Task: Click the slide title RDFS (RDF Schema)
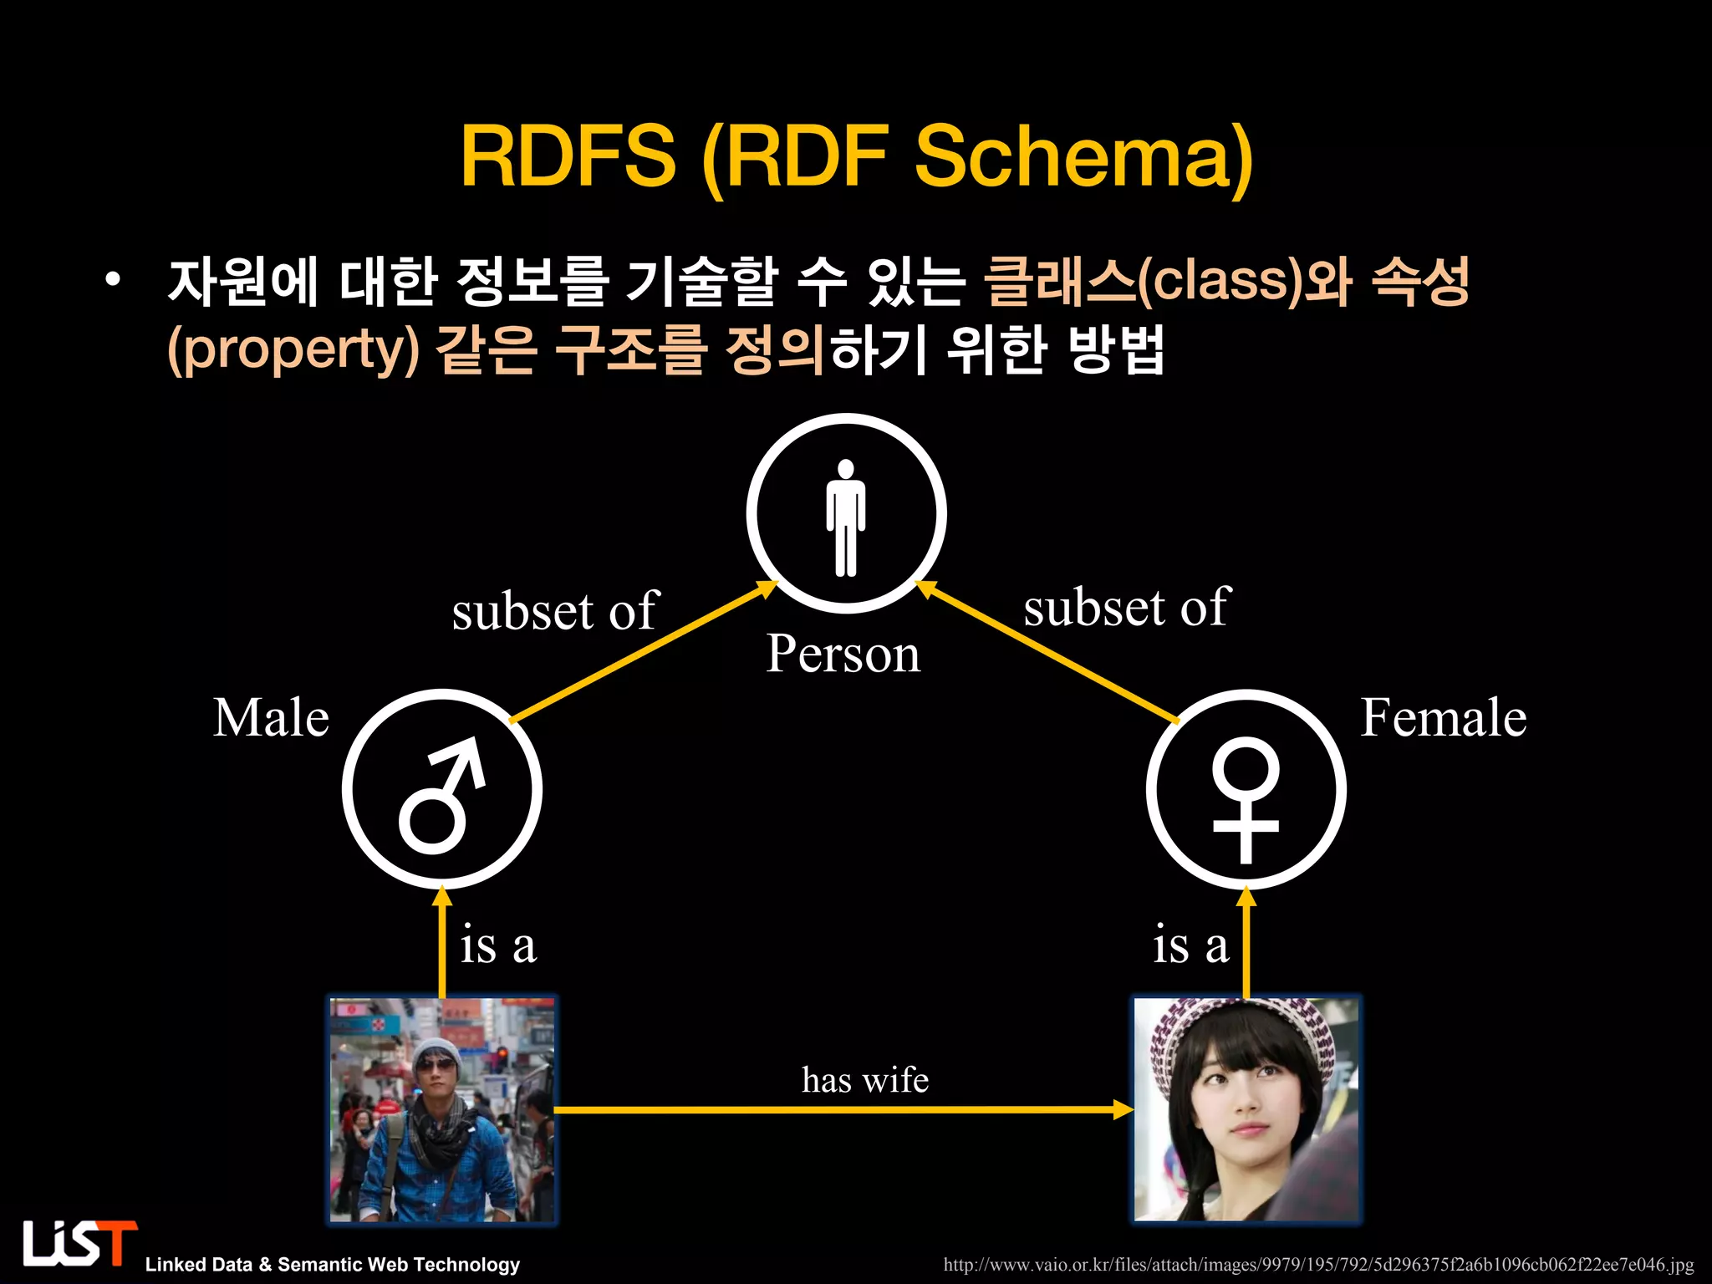pyautogui.click(x=856, y=157)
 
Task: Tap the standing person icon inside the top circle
pyautogui.click(x=846, y=517)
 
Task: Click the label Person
pyautogui.click(x=843, y=654)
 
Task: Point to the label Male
pyautogui.click(x=271, y=718)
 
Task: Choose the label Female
pyautogui.click(x=1444, y=718)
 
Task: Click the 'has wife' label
pyautogui.click(x=864, y=1080)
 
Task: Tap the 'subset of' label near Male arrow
pyautogui.click(x=555, y=611)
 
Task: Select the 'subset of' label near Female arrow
pyautogui.click(x=1127, y=607)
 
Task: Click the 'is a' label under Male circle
pyautogui.click(x=498, y=945)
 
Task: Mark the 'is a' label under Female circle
pyautogui.click(x=1190, y=945)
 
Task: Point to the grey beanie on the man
pyautogui.click(x=436, y=1049)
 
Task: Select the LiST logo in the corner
pyautogui.click(x=79, y=1244)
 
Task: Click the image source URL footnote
pyautogui.click(x=1318, y=1265)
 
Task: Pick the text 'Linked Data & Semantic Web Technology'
pyautogui.click(x=333, y=1265)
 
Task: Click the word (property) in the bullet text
pyautogui.click(x=293, y=349)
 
